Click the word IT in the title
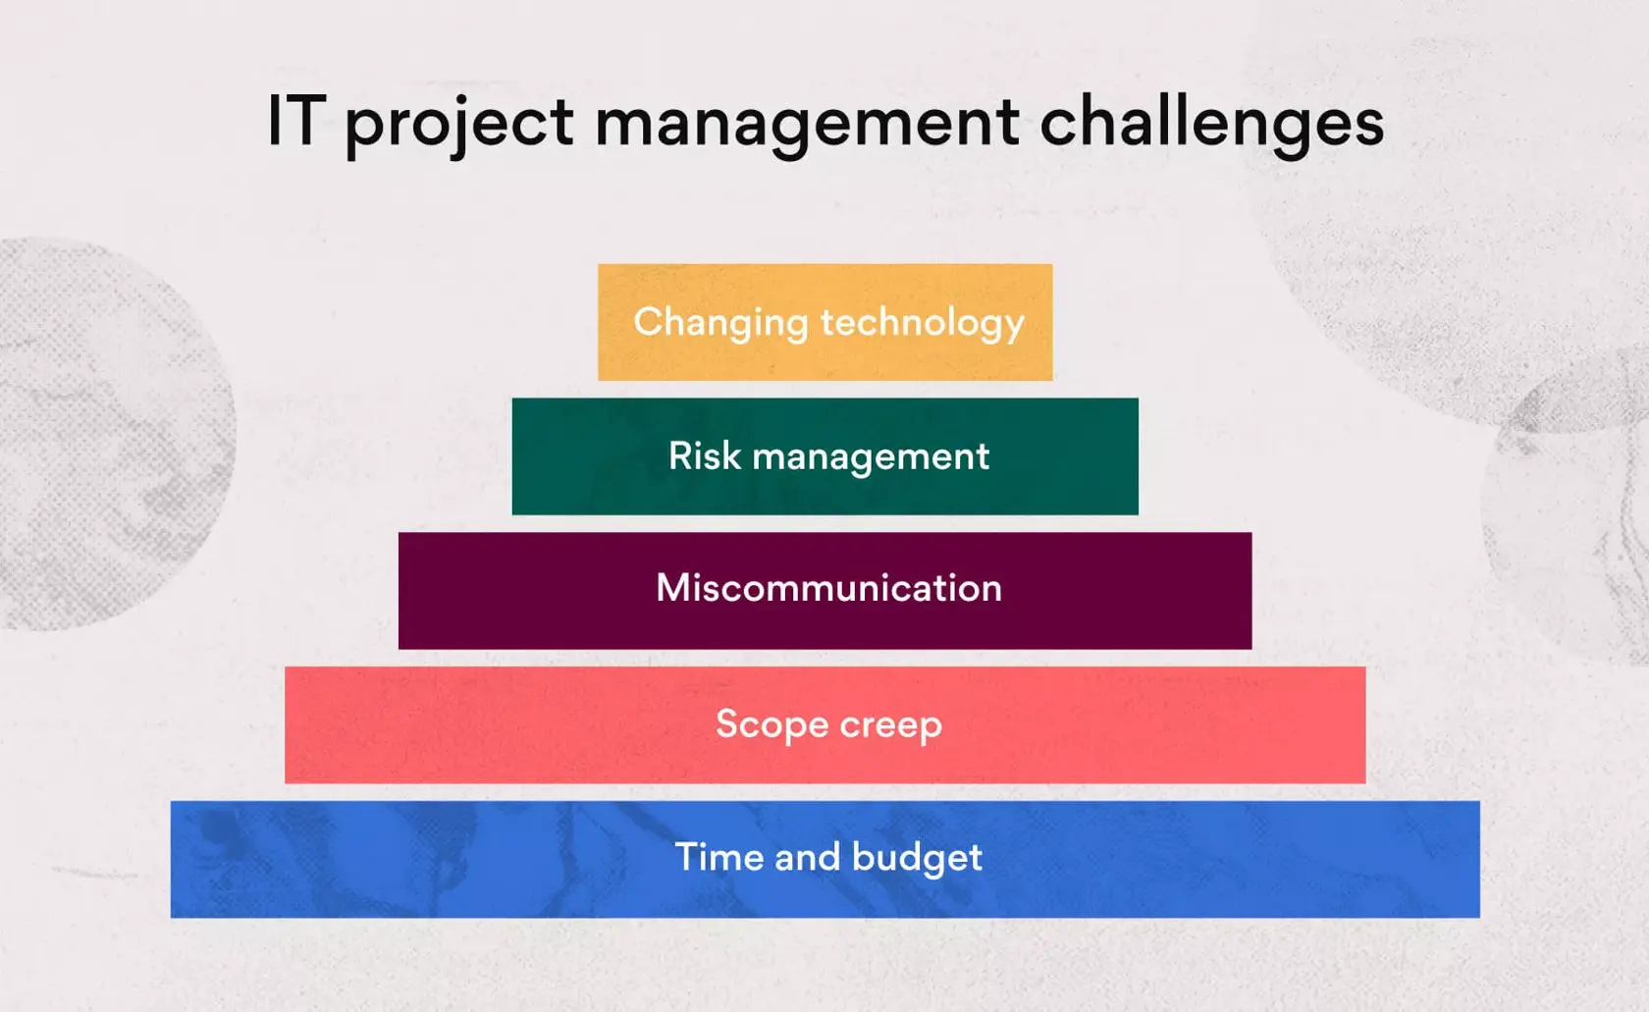coord(296,121)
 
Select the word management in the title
coord(808,127)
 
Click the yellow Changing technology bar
coord(825,322)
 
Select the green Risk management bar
coord(825,456)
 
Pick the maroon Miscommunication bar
coord(825,590)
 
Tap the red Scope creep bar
coord(825,725)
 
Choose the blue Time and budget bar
coord(825,859)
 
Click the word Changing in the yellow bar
coord(720,324)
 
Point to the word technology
coord(923,324)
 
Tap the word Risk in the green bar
coord(705,455)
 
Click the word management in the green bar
coord(871,458)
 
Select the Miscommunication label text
coord(828,588)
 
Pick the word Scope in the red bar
coord(772,725)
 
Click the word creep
coord(891,727)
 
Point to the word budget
coord(917,859)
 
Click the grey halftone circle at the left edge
coord(110,434)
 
